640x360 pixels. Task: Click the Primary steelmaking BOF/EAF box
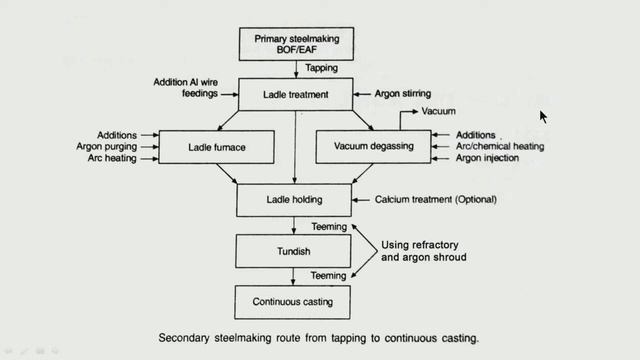(296, 44)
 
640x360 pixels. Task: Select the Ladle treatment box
(296, 94)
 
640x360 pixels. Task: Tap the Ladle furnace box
(216, 147)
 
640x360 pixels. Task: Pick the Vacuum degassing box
(373, 147)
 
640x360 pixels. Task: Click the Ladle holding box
(294, 200)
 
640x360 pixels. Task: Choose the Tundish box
(293, 251)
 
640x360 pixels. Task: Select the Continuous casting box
(292, 302)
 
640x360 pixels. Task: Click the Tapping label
(322, 68)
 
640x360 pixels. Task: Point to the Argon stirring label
(403, 94)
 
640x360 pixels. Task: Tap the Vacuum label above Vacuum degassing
(438, 111)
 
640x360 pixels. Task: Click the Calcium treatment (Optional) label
(436, 200)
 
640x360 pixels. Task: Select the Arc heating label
(112, 158)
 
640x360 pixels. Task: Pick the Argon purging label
(107, 147)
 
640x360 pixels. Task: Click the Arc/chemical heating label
(500, 146)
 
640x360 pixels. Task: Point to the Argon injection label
(487, 158)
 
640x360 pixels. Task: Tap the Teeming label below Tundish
(328, 276)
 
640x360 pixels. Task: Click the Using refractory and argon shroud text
(424, 251)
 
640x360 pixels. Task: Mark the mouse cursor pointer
(543, 117)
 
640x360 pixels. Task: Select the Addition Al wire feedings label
(186, 88)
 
